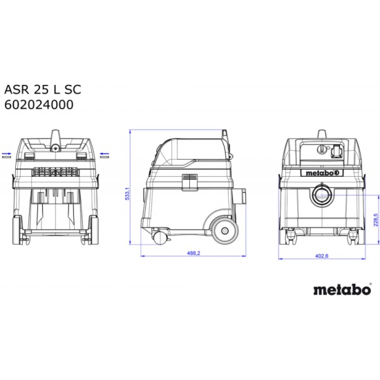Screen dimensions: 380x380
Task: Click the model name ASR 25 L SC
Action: click(x=43, y=89)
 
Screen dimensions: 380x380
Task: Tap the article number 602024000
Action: click(x=39, y=105)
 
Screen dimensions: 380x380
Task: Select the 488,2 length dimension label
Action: click(x=193, y=254)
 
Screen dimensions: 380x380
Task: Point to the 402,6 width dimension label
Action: click(x=321, y=256)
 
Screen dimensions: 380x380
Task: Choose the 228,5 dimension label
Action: click(x=376, y=220)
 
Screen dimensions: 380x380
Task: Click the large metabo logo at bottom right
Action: click(x=343, y=289)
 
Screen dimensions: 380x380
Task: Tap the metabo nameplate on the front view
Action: click(x=321, y=173)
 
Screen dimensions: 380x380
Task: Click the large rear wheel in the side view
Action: click(x=225, y=231)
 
